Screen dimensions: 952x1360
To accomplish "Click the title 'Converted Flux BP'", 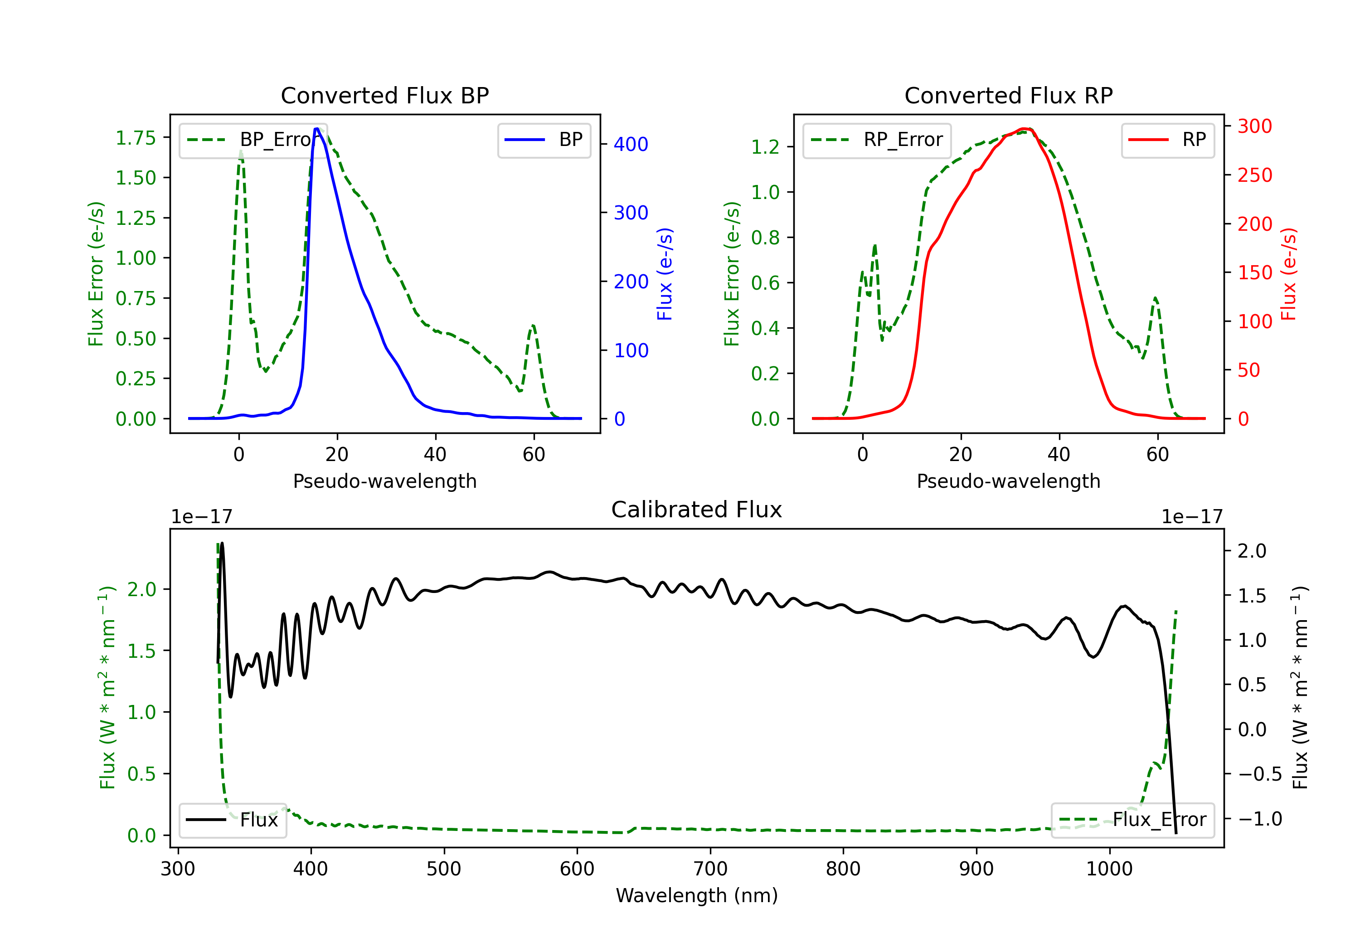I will (384, 95).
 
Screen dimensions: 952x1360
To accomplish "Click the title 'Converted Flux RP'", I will (1008, 95).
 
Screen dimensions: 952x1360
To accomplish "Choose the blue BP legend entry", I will (544, 140).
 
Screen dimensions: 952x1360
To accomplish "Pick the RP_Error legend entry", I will (877, 140).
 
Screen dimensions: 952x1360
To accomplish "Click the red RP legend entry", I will (1167, 140).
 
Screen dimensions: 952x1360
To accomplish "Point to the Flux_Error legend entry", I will (1132, 820).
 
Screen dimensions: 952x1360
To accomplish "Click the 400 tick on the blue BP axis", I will (631, 144).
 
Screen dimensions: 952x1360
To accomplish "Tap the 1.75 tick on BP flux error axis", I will (136, 138).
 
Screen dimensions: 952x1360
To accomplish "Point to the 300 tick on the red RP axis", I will (1254, 126).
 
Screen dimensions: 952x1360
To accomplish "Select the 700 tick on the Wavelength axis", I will (710, 869).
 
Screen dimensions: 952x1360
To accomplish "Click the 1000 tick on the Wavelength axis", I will (1109, 869).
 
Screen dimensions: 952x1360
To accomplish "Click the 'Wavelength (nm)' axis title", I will (697, 896).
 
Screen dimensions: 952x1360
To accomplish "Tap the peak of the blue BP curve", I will (317, 129).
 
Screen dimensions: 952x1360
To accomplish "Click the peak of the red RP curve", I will (1025, 129).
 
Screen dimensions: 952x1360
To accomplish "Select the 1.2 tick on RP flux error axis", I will (765, 147).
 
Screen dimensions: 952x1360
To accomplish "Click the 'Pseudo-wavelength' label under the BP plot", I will (384, 481).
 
